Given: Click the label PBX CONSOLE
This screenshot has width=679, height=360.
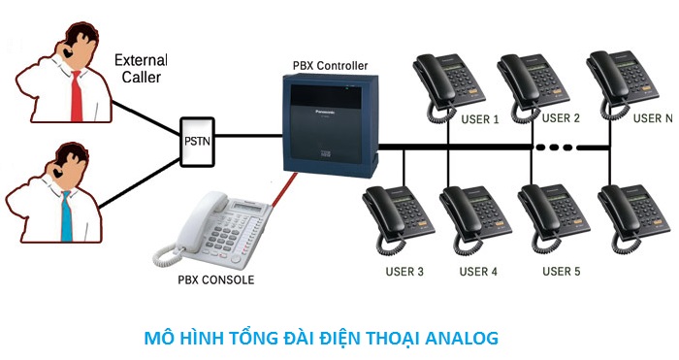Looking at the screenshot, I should point(216,280).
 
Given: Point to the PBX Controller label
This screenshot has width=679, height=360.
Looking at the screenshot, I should point(330,66).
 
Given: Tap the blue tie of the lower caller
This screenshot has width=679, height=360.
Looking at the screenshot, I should point(66,214).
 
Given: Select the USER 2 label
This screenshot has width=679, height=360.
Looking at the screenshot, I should point(560,118).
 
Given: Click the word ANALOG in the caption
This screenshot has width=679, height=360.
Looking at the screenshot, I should point(457,338).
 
